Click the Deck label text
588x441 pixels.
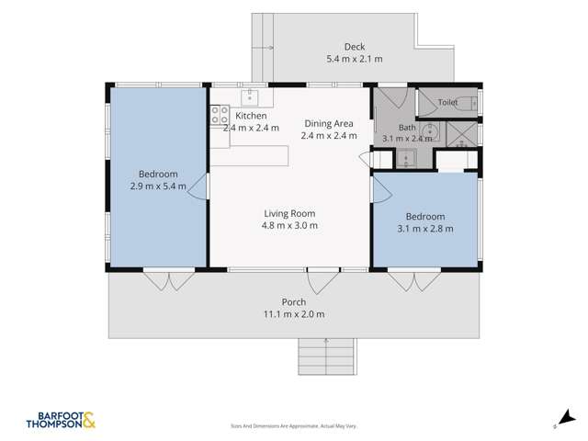click(355, 47)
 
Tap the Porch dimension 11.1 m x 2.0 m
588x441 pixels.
click(294, 314)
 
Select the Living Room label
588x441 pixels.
click(289, 213)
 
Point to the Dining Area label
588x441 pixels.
click(329, 123)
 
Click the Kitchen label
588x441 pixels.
click(251, 116)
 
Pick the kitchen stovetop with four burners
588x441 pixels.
click(220, 114)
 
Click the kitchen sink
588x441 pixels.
click(249, 97)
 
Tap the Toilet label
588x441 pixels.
click(447, 102)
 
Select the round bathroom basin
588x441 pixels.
click(429, 130)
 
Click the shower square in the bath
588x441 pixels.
click(462, 134)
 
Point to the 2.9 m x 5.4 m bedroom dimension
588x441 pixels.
click(158, 186)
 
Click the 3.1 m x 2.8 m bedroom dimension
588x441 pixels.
click(425, 229)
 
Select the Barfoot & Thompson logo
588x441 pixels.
click(61, 421)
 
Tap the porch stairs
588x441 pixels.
click(326, 356)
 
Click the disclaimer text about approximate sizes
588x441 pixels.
click(293, 426)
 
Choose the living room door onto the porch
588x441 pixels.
click(323, 280)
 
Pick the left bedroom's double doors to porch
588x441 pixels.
click(169, 280)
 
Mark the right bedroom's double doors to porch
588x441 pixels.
click(414, 281)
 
